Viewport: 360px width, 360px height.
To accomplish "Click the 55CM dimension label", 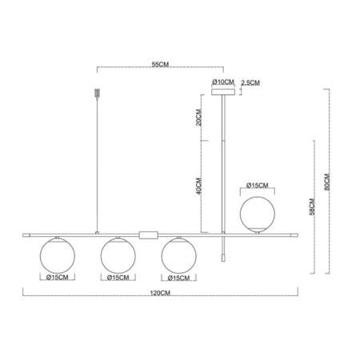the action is tap(160, 64).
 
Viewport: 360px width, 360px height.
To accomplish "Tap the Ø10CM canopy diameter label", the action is tap(223, 82).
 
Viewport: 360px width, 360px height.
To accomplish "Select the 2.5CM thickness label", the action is tap(250, 82).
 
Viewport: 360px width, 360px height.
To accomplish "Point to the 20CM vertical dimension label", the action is tap(198, 118).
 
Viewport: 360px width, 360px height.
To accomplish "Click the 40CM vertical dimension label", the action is tap(198, 186).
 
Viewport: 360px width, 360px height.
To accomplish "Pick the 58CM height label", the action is tap(312, 206).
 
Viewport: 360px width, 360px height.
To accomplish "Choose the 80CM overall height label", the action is tap(327, 182).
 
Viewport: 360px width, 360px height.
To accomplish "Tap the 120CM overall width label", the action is tap(160, 293).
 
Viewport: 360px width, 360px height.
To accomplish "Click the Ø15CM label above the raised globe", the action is tap(258, 186).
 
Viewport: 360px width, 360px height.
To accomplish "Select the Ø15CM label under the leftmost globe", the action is tap(58, 278).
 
